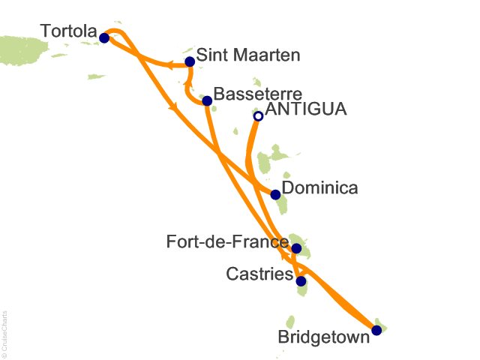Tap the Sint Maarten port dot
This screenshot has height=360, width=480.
coord(190,61)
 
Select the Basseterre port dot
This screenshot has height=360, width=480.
coord(208,100)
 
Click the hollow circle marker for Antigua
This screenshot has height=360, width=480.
coord(258,116)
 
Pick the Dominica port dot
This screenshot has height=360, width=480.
coord(275,195)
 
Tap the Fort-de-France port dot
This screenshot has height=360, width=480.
coord(296,248)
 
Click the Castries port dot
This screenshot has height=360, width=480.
coord(301,282)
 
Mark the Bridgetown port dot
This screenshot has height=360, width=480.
coord(376,329)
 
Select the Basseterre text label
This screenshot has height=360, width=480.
coord(257,94)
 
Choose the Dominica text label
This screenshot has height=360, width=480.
coord(320,188)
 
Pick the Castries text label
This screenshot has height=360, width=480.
coord(259,276)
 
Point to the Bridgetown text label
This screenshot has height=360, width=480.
coord(324,337)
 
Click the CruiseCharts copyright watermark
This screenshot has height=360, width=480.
coord(5,330)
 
